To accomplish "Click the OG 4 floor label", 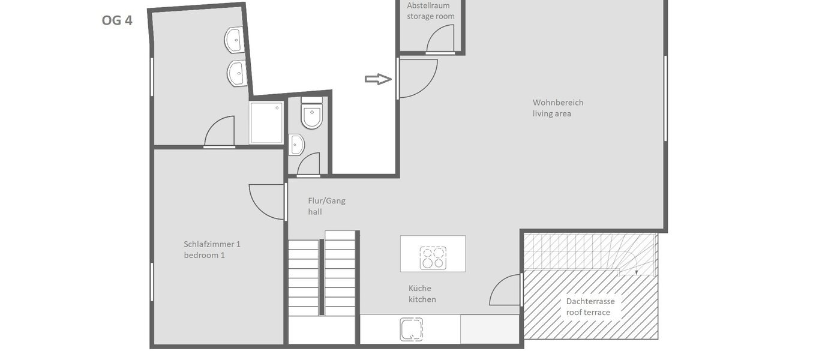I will click(117, 20).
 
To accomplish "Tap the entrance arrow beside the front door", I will click(378, 79).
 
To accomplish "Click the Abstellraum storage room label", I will click(431, 11).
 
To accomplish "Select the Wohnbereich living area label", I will click(558, 108).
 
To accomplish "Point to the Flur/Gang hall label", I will click(326, 206).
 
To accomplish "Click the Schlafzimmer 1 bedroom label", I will click(212, 250).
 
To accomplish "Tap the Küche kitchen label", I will click(422, 294).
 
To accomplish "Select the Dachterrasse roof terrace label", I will click(590, 307).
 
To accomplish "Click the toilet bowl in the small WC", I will click(312, 116).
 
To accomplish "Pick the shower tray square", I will click(266, 123).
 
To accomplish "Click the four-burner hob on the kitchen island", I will click(433, 257).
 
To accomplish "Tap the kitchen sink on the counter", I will click(412, 329).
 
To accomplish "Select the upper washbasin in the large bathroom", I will click(234, 40).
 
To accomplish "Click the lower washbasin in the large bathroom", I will click(236, 74).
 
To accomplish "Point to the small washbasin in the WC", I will click(296, 145).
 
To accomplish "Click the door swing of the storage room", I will click(440, 40).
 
